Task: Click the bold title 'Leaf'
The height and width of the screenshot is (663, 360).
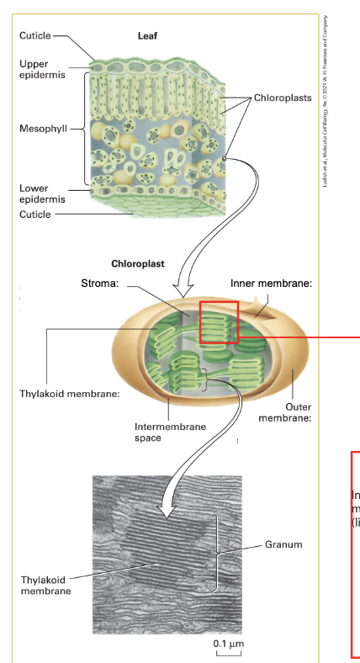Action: [x=147, y=37]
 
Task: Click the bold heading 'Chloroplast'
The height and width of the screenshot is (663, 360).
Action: [x=138, y=263]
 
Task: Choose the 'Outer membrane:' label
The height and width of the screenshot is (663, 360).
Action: [x=285, y=412]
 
